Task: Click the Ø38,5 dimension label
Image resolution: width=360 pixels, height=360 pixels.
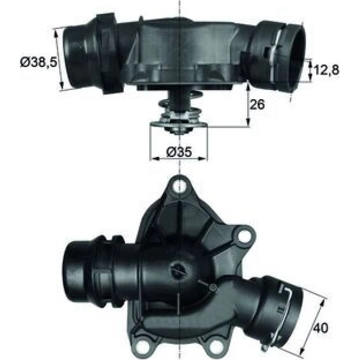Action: tap(38, 62)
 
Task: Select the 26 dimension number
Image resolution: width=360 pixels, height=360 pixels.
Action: tap(257, 104)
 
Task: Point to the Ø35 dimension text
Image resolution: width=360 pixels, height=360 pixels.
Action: tap(179, 152)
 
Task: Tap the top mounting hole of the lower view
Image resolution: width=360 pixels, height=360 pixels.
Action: tap(179, 187)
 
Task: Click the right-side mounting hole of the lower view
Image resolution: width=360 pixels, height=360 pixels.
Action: tap(244, 236)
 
